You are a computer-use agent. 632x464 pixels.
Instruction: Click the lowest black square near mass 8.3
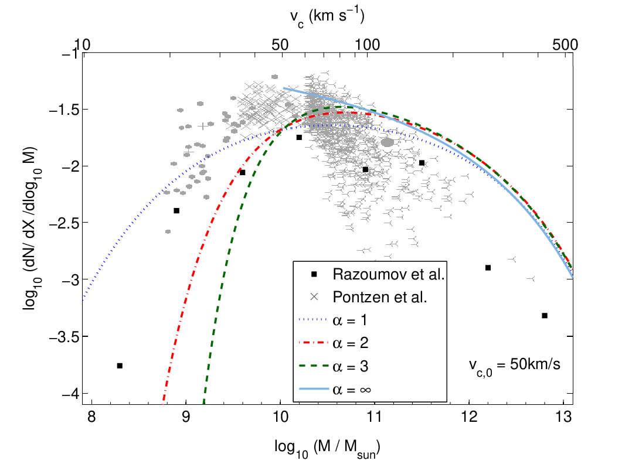coord(120,366)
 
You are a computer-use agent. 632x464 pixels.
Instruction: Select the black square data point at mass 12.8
coord(545,316)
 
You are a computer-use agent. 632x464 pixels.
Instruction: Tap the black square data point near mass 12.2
coord(488,268)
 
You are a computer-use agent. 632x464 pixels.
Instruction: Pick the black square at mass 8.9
coord(176,211)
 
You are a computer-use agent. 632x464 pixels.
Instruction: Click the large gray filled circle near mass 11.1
coord(388,142)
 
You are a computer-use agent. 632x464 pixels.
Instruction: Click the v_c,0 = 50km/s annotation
coord(515,366)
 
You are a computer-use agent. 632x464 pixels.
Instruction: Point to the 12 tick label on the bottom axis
coord(470,417)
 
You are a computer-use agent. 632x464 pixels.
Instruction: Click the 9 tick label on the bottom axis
coord(186,417)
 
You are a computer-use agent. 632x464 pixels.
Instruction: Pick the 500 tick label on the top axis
coord(565,45)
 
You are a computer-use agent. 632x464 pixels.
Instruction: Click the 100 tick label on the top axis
coord(368,45)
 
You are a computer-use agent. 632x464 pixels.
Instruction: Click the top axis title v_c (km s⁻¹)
coord(327,18)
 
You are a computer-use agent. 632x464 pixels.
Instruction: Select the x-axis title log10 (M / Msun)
coord(327,448)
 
